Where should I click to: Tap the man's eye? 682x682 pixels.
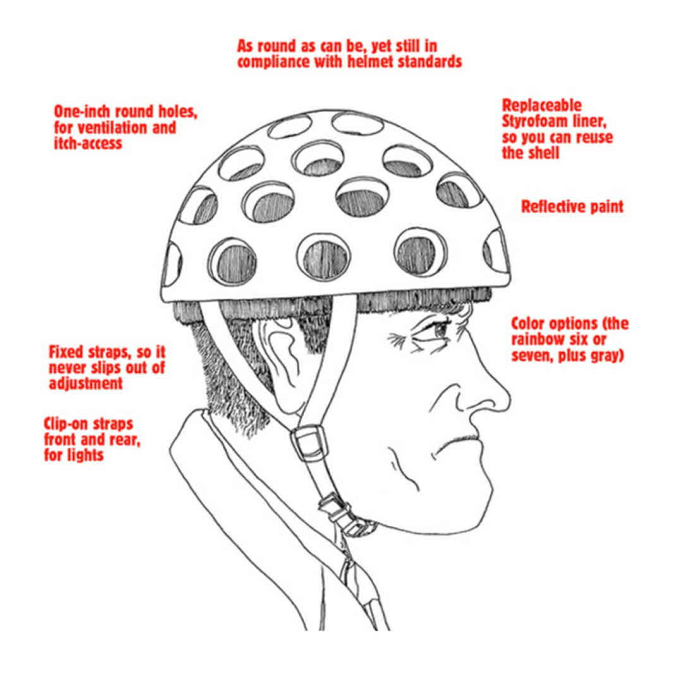[437, 330]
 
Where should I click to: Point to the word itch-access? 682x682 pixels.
[88, 143]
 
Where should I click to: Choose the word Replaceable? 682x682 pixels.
[542, 105]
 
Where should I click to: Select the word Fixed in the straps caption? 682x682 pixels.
[66, 352]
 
